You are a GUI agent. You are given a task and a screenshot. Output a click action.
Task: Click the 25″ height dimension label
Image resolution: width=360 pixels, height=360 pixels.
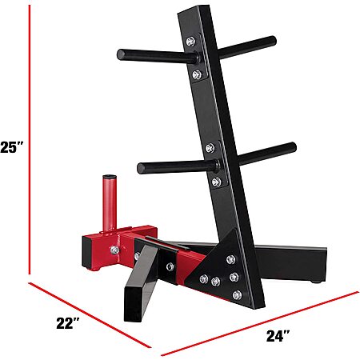click(x=12, y=147)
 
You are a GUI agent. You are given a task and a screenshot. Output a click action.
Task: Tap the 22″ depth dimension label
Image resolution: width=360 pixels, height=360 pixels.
click(x=68, y=323)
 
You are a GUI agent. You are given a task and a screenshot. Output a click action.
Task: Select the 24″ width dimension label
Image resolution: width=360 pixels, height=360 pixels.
click(x=278, y=336)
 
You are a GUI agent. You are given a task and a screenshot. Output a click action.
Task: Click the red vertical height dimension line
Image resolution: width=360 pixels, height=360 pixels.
click(x=30, y=139)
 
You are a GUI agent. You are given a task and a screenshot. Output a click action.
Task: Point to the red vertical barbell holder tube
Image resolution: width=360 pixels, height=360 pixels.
click(x=110, y=203)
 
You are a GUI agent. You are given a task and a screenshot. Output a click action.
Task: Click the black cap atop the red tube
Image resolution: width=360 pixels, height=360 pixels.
click(x=110, y=177)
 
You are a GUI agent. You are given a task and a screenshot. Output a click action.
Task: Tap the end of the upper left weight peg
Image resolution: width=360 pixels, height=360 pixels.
click(x=121, y=54)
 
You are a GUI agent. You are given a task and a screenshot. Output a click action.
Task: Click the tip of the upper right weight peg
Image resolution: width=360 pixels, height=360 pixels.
click(x=272, y=41)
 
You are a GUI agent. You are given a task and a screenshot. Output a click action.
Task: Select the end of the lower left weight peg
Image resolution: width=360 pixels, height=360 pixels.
click(x=141, y=168)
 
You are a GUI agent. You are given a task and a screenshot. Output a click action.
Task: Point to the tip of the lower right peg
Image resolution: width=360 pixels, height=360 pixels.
click(x=293, y=147)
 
